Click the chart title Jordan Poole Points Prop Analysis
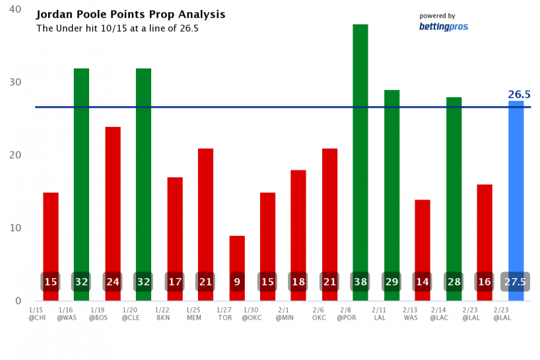[131, 15]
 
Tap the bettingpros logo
[444, 26]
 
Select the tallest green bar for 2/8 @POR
[360, 145]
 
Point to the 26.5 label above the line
[519, 94]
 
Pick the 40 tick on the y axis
[15, 10]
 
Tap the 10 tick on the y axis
[15, 228]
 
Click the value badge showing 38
[360, 281]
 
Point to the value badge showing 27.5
[516, 281]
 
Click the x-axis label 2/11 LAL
[378, 313]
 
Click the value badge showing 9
[237, 281]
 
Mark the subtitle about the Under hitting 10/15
[117, 28]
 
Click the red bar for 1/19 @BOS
[113, 198]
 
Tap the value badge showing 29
[391, 281]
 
